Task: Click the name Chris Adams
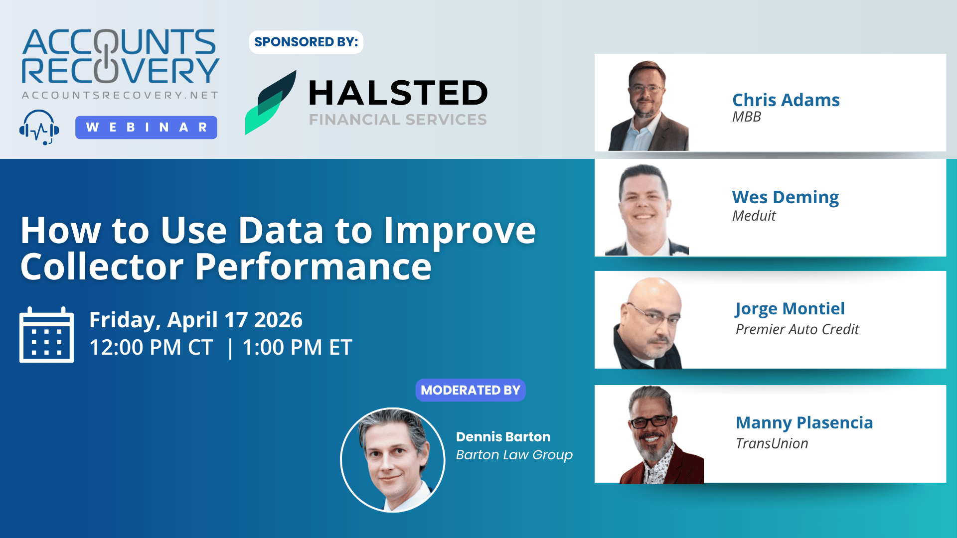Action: click(x=786, y=100)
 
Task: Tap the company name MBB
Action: click(x=747, y=117)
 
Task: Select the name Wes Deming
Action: click(x=786, y=198)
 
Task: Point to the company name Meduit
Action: click(x=754, y=216)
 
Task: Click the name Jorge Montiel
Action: click(x=790, y=309)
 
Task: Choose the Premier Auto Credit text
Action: click(x=797, y=329)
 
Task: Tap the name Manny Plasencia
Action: click(x=804, y=423)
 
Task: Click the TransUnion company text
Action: click(x=772, y=443)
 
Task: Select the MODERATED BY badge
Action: click(x=471, y=390)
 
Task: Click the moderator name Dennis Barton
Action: click(x=503, y=437)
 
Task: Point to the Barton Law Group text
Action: click(x=514, y=455)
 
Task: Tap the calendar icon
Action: click(x=46, y=334)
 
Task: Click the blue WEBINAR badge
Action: click(x=146, y=128)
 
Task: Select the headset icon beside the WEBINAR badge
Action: click(x=39, y=128)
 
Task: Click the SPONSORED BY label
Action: click(x=306, y=42)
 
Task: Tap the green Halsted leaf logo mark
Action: click(x=271, y=103)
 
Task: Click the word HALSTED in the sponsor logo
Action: click(x=398, y=93)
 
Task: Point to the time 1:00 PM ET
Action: click(x=297, y=347)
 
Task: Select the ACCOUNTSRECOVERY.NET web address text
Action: click(x=120, y=95)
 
